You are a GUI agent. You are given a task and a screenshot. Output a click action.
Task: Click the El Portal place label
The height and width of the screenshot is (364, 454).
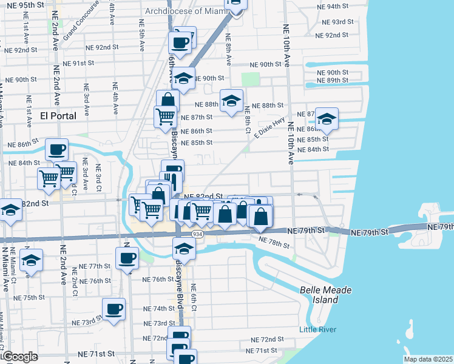(58, 115)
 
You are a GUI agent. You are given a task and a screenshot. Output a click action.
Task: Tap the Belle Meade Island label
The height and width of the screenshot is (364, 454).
(327, 295)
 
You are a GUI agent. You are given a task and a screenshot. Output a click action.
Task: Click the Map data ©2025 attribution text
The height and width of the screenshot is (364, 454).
(428, 359)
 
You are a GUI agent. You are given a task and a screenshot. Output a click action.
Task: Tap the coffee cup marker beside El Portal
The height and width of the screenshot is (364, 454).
(57, 149)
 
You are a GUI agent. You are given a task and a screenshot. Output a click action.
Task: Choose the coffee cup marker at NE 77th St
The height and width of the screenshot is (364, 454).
(127, 258)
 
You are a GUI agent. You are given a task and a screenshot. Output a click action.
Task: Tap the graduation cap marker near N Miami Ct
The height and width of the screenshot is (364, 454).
(31, 260)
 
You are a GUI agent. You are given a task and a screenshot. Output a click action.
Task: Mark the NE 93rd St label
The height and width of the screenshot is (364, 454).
(338, 21)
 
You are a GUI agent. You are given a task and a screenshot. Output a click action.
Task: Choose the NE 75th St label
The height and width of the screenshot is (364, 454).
(30, 298)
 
